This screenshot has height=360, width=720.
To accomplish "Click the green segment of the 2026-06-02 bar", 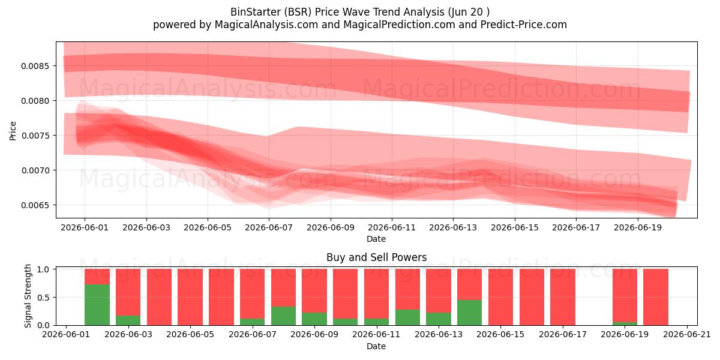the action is tap(97, 305).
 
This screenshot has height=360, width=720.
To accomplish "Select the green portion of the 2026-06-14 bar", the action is tap(470, 313).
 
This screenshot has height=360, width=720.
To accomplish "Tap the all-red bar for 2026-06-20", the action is tap(656, 297).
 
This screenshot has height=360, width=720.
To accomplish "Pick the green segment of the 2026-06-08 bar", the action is tap(283, 316).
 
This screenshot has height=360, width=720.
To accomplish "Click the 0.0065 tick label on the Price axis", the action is tap(35, 205).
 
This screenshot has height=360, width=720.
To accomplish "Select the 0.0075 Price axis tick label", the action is tap(35, 136).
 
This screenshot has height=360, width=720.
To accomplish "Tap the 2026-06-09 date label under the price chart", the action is tap(331, 227).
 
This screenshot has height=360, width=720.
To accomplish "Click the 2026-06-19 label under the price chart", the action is tap(638, 227).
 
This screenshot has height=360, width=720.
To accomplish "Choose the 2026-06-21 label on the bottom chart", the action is tap(687, 334).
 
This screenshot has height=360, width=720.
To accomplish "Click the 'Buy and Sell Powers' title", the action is tap(376, 257).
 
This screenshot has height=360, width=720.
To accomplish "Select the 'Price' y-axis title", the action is tap(13, 131).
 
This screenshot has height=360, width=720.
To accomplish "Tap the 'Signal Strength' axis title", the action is tap(28, 296).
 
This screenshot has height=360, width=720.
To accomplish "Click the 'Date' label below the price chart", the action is tap(376, 239).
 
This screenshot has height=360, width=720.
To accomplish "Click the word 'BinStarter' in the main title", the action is tap(255, 12).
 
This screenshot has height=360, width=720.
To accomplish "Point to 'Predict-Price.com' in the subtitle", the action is tap(524, 25).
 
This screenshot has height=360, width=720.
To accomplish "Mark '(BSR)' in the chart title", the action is tap(298, 12).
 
